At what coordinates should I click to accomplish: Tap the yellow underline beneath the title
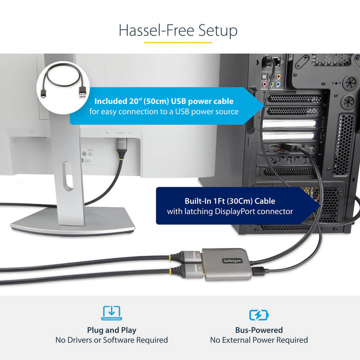click(x=178, y=43)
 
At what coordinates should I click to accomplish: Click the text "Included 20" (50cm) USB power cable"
click(x=164, y=101)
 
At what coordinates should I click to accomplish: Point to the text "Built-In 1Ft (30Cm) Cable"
click(x=229, y=201)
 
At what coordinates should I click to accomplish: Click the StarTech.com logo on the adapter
click(x=231, y=261)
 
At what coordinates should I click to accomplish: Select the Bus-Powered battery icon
click(x=259, y=315)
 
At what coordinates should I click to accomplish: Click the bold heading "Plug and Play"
click(x=112, y=330)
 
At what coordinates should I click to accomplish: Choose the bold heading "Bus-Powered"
click(x=259, y=330)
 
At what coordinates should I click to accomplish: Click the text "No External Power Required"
click(x=259, y=340)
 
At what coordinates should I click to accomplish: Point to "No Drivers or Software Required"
click(x=112, y=340)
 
